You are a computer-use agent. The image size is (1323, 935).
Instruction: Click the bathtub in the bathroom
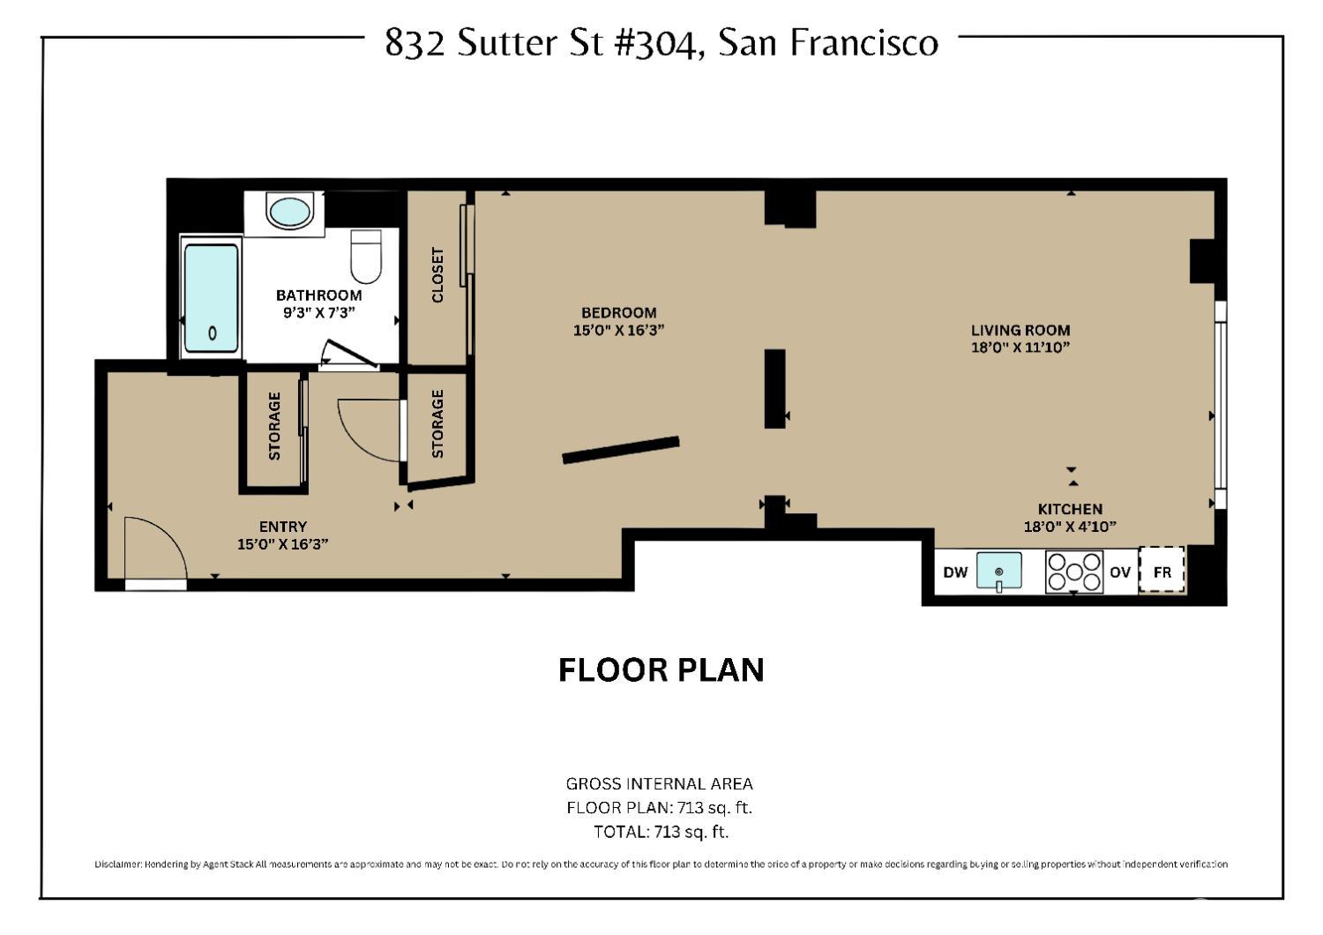point(212,298)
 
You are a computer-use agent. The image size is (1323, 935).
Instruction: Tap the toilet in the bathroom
point(365,255)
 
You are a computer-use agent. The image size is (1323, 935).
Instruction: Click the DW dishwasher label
point(955,572)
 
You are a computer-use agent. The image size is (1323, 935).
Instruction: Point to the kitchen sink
point(999,572)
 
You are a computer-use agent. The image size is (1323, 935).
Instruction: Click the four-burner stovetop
point(1073,572)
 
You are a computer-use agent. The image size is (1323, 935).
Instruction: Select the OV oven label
point(1119,572)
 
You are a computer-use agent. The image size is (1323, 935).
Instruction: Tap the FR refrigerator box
point(1162,572)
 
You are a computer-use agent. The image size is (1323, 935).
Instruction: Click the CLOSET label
point(437,275)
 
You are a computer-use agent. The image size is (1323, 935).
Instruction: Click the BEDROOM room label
point(618,313)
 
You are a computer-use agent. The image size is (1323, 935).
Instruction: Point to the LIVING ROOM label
point(1020,331)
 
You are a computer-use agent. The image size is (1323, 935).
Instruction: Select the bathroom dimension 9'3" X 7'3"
point(318,312)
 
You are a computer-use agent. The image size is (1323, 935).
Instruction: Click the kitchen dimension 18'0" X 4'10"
point(1070,527)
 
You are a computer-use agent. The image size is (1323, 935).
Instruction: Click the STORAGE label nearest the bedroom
point(437,424)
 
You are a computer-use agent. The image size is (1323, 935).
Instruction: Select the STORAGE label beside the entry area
point(274,426)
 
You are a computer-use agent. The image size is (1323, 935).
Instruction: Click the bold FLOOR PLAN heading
point(661,669)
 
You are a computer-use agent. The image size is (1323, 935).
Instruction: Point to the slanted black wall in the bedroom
point(621,450)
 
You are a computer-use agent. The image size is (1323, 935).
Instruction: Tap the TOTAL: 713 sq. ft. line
point(661,831)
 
